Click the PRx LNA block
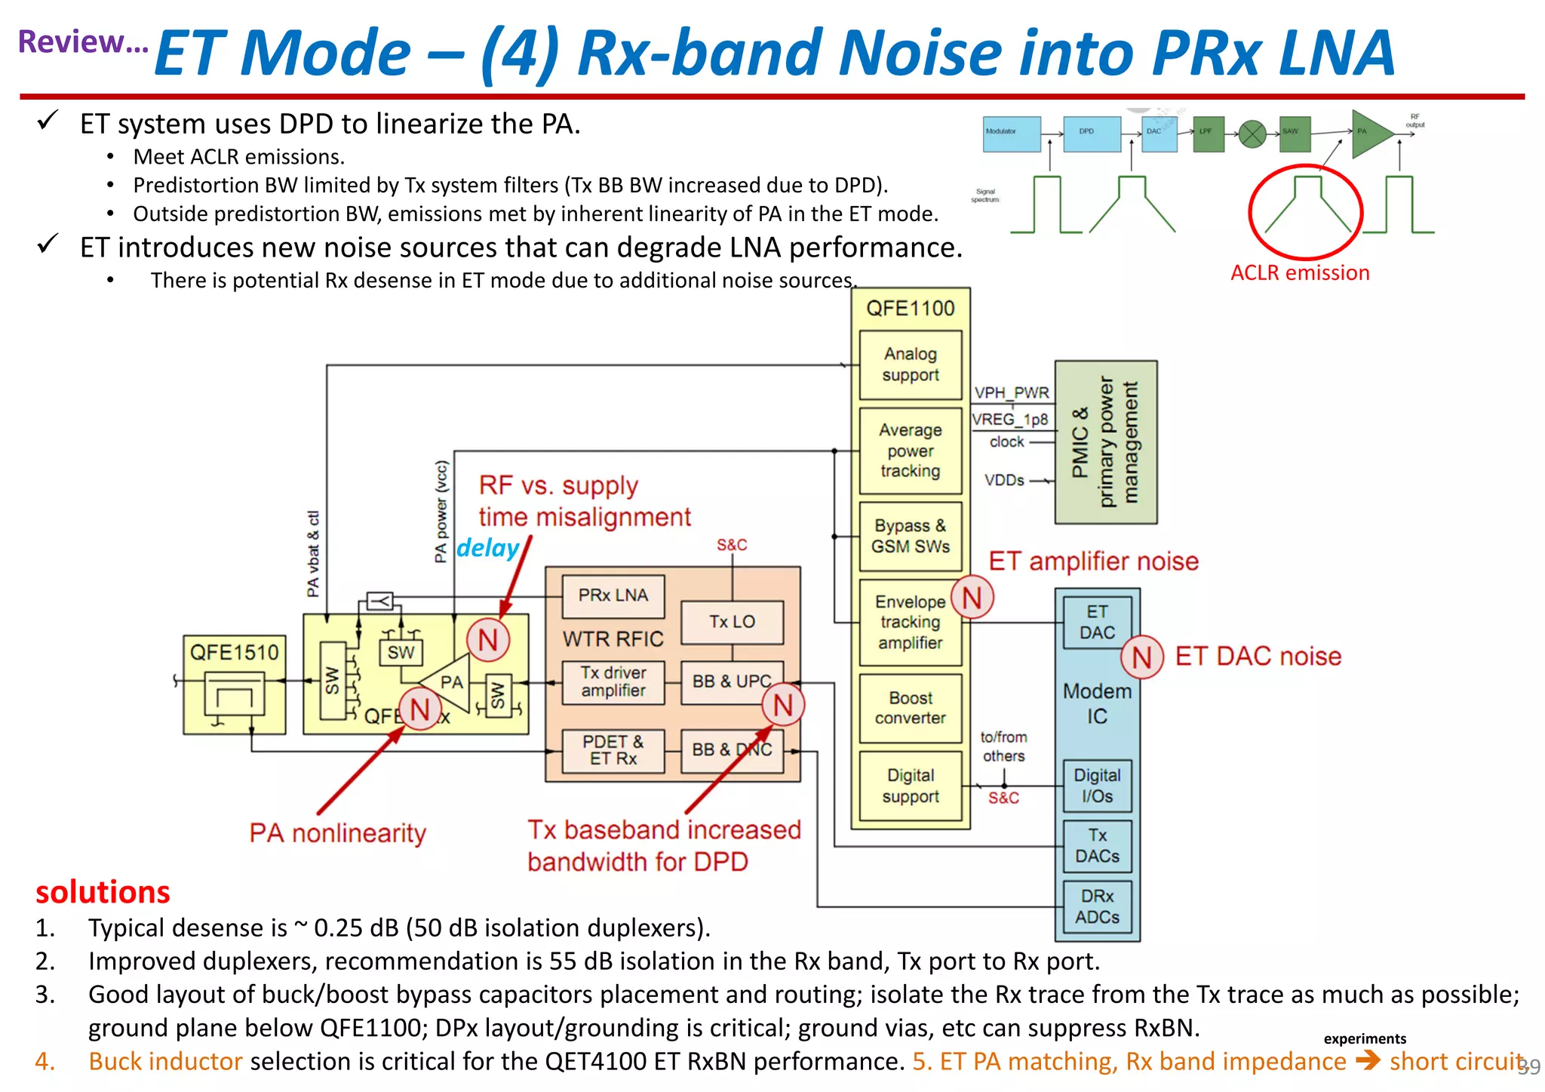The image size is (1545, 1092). pos(613,595)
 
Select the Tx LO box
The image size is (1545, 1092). pos(732,622)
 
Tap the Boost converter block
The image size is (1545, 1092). pos(911,708)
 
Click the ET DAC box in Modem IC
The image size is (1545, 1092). pos(1097,623)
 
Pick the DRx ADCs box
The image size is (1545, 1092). pos(1097,906)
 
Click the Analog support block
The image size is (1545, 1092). pos(911,365)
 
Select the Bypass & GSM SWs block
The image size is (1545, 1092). pos(911,536)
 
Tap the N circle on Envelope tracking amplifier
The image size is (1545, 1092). pos(972,598)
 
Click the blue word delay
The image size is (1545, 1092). pos(488,548)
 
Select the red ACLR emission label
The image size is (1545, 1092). pos(1300,273)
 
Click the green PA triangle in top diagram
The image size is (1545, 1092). pos(1368,133)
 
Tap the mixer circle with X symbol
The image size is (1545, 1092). pos(1252,134)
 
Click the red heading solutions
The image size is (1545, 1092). pos(103,892)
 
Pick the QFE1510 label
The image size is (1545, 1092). pos(234,652)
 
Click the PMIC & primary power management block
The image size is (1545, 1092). pos(1105,442)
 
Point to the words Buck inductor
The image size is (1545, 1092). pos(165,1061)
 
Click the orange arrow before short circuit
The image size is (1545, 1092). pos(1368,1061)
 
